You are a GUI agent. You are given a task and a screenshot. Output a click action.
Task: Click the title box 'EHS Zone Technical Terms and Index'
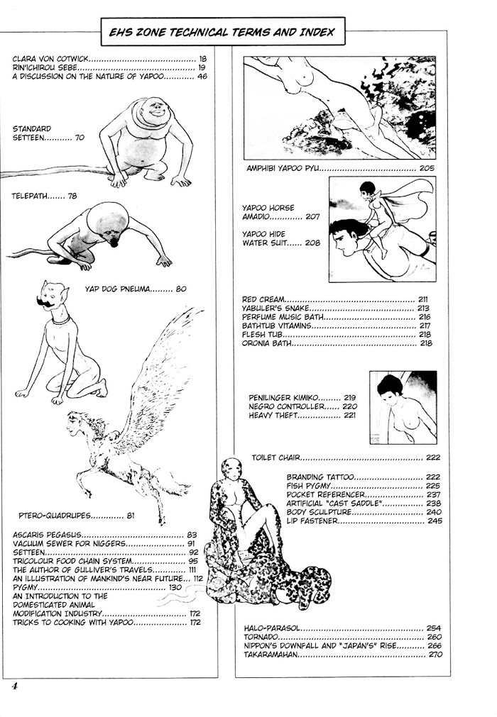(222, 31)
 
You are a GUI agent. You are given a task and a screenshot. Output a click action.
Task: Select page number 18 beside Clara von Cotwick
(203, 59)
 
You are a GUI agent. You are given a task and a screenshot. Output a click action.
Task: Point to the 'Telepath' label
(29, 196)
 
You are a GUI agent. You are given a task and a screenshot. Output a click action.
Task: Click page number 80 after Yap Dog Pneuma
(181, 289)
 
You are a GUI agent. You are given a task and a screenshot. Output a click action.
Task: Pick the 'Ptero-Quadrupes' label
(55, 516)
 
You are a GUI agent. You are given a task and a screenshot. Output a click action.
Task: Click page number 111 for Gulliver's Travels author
(192, 569)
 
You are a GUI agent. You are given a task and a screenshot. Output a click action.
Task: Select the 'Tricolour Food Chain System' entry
(72, 561)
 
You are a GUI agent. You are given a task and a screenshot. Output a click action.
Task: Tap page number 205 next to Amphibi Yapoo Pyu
(427, 168)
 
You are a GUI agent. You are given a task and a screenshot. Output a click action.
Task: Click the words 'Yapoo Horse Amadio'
(268, 212)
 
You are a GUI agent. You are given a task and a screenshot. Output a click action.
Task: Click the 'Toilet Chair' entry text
(276, 457)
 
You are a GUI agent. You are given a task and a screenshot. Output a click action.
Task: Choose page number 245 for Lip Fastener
(435, 521)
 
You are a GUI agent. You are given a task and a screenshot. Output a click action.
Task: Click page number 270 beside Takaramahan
(435, 655)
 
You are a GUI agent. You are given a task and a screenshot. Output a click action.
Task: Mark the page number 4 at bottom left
(15, 686)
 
